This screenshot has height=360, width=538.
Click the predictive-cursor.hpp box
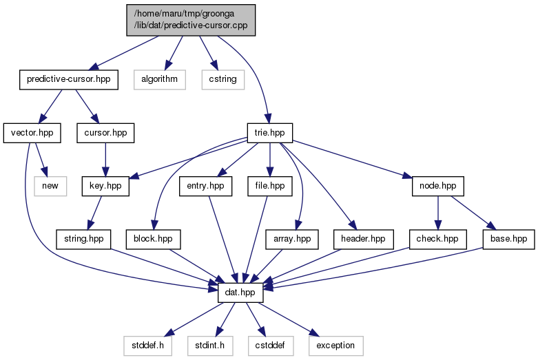coord(69,80)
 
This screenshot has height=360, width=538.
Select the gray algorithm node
coord(160,80)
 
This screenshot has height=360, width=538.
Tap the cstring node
coord(223,80)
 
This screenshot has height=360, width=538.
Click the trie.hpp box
coord(269,133)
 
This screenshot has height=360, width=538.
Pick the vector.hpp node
coord(32,133)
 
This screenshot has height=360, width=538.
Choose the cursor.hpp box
coord(105,133)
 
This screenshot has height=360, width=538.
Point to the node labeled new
coord(50,186)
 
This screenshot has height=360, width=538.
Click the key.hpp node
coord(105,186)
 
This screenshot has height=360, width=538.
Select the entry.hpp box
coord(205,186)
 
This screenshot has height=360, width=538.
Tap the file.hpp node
coord(269,186)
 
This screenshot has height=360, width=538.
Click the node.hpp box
coord(438,186)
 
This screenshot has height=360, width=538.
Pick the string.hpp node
coord(84,240)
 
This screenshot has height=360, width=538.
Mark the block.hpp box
coord(153,240)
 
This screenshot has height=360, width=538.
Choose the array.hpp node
coord(292,240)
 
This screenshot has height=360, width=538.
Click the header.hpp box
coord(363,240)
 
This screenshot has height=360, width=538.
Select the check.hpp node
coord(437,240)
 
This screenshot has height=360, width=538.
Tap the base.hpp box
coord(509,240)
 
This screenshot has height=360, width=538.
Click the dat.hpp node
coord(240,293)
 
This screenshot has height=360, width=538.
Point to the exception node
coord(335,346)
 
